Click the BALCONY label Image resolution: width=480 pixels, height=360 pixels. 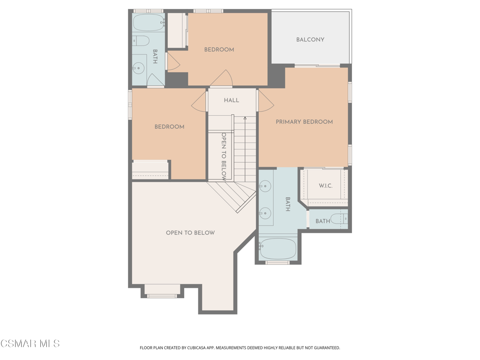tap(310, 40)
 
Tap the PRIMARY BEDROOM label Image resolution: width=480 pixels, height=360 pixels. tap(304, 122)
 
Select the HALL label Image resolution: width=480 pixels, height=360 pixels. tap(231, 100)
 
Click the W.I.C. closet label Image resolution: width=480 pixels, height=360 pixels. tap(325, 186)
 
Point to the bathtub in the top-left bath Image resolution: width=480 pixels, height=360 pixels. tap(149, 22)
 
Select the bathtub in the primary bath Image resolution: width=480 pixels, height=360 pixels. tap(278, 248)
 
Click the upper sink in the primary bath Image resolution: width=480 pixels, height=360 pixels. tap(265, 187)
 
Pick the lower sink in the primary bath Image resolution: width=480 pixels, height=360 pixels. tap(265, 213)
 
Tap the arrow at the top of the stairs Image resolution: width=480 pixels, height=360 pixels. tap(245, 119)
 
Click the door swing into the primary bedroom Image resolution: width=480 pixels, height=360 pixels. tap(265, 102)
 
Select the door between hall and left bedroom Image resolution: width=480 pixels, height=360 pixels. tap(199, 102)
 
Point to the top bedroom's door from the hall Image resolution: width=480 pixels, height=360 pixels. tap(221, 79)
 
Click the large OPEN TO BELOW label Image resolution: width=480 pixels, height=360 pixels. tap(190, 233)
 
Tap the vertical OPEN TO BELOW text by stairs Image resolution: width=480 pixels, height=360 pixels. tap(224, 157)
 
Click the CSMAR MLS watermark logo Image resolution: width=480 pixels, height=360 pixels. tap(30, 344)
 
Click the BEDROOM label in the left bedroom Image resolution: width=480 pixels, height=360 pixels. tap(169, 127)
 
